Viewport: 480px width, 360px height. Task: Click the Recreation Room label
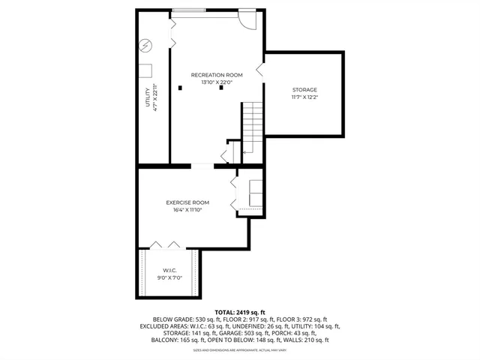[x=217, y=75]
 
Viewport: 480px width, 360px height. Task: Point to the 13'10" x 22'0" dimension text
[x=217, y=82]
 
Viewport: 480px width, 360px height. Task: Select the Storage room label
[x=304, y=90]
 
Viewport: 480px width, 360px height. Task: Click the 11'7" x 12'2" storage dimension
[x=304, y=97]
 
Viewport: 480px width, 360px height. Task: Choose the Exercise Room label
[x=187, y=202]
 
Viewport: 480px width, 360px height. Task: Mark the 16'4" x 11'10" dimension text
[x=187, y=210]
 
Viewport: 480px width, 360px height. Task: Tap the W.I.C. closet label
[x=169, y=270]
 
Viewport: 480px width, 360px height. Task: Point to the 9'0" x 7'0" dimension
[x=169, y=278]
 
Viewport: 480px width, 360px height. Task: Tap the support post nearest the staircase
[x=221, y=88]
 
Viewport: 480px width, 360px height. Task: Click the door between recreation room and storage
[x=259, y=70]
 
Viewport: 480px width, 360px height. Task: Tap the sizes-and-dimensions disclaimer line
[x=239, y=350]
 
